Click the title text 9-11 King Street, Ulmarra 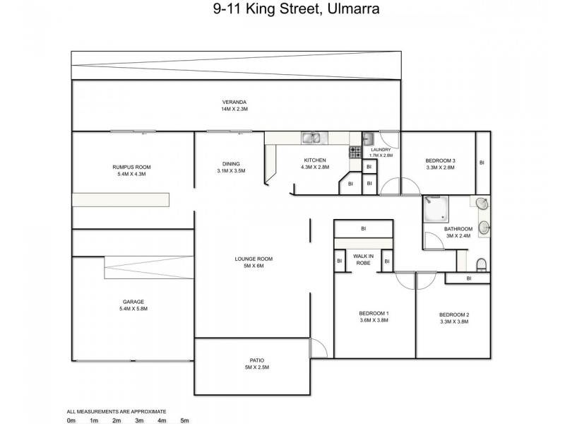pos(282,10)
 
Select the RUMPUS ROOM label pos(131,167)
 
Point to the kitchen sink pos(311,139)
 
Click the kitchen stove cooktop pos(355,151)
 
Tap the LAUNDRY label pos(381,150)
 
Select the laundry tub pos(369,139)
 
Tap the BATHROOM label pos(458,229)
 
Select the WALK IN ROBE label pos(363,259)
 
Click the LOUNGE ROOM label pos(254,259)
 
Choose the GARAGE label pos(133,302)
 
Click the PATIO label pos(256,360)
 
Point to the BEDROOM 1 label pos(374,313)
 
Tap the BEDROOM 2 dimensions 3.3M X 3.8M pos(453,322)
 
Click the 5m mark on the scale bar pos(185,420)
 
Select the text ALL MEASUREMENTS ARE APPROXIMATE pos(117,411)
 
